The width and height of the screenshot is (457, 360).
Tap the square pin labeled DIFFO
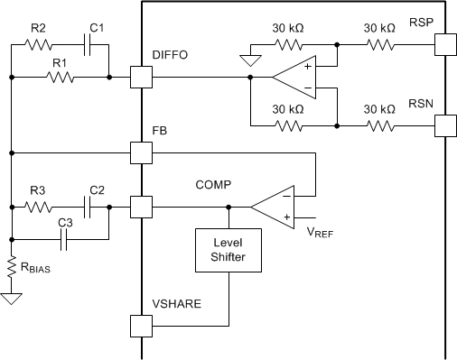pos(142,78)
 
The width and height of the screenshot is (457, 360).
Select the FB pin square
pos(142,152)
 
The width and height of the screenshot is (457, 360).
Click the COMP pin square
pos(142,208)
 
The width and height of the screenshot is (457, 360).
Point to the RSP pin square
pos(443,43)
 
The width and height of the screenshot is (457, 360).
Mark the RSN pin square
pos(443,124)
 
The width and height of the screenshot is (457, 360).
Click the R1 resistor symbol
pos(60,78)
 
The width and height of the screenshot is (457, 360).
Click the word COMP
pos(213,184)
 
